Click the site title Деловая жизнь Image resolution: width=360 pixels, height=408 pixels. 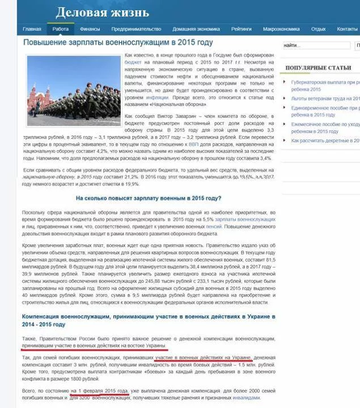pos(102,12)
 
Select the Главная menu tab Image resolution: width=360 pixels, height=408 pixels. pos(32,29)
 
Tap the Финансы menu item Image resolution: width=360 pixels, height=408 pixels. pos(90,29)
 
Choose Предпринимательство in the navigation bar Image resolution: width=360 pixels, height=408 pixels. pos(136,29)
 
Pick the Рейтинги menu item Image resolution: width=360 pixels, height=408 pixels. pos(242,29)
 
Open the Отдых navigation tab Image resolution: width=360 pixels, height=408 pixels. pos(318,29)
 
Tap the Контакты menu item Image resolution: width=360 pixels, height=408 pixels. pos(347,29)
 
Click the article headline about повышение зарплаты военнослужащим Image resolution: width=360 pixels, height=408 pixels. pos(118,42)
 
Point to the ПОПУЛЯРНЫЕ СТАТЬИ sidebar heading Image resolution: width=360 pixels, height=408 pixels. pos(318,68)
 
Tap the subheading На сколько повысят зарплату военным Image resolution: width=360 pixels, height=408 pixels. pos(149,198)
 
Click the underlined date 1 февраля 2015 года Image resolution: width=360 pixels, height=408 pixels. pos(92,391)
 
